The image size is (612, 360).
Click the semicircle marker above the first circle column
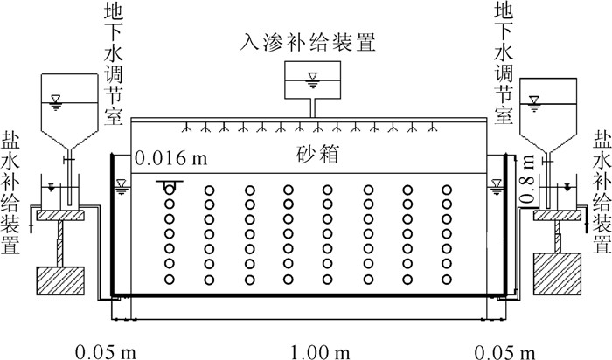[168, 186]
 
